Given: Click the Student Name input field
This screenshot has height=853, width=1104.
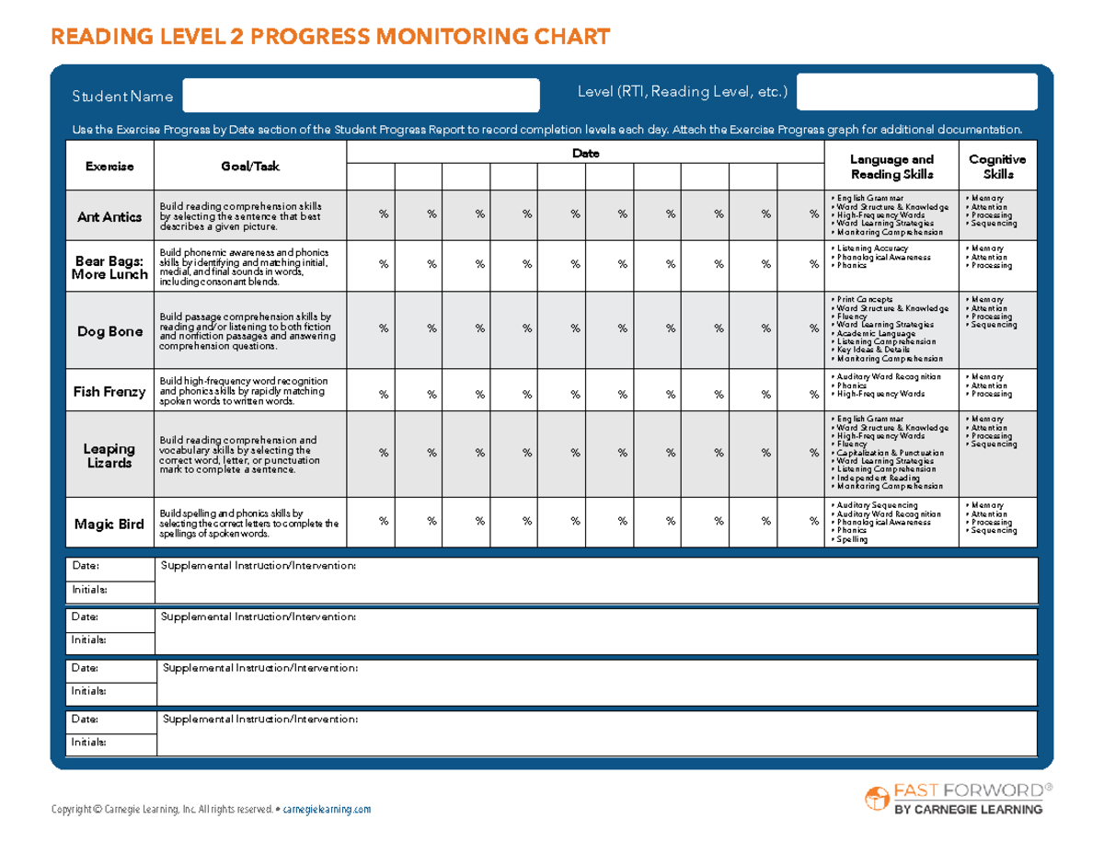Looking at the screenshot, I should click(361, 96).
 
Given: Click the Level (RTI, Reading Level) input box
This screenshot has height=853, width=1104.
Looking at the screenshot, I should click(916, 92).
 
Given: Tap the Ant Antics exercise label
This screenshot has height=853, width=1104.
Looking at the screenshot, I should click(109, 216).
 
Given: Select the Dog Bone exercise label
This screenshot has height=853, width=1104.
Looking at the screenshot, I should click(109, 331).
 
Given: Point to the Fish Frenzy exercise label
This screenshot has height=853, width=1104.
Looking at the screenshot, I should click(109, 392).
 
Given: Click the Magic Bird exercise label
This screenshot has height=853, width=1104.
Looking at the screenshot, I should click(109, 524).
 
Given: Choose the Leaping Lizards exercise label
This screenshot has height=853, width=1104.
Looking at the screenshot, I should click(109, 456).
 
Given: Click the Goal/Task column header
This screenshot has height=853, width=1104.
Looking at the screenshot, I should click(249, 167).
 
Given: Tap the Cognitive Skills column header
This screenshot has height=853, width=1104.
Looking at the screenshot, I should click(997, 167).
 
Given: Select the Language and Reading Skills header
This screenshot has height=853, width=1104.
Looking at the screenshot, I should click(891, 167).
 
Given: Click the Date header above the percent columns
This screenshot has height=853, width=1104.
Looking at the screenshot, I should click(585, 154).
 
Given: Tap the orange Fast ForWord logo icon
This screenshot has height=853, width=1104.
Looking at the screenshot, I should click(875, 799).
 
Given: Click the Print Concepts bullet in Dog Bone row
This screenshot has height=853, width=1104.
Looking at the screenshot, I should click(867, 300).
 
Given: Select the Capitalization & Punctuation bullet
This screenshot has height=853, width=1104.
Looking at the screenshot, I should click(889, 453).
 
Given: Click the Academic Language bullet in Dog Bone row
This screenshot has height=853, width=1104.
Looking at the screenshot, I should click(874, 334).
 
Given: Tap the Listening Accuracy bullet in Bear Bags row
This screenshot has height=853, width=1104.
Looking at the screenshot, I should click(871, 248).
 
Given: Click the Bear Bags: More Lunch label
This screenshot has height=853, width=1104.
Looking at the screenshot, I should click(109, 267).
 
